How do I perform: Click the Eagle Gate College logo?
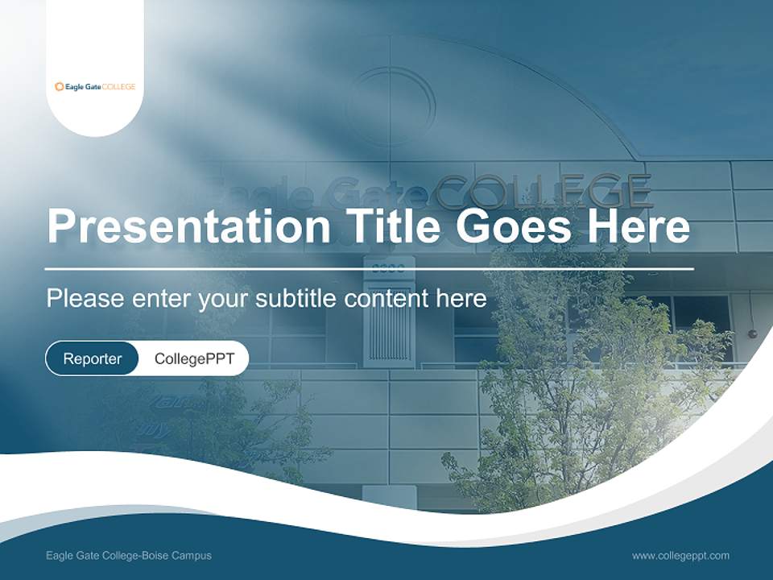[95, 86]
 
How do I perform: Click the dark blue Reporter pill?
[92, 358]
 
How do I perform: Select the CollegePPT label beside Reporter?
[194, 358]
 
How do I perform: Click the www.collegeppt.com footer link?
[680, 556]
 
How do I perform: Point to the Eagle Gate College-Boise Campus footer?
[129, 556]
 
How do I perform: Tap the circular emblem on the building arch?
[392, 106]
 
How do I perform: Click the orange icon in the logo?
[59, 86]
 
